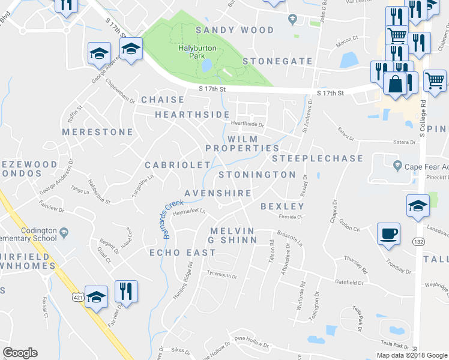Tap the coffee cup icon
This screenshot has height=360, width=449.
coord(388,233)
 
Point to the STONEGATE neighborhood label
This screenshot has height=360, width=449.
coord(278,61)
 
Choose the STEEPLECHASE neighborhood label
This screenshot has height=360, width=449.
coord(318,158)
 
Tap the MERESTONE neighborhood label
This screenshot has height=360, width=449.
coord(97,131)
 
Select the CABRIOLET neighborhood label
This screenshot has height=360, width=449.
coord(178,164)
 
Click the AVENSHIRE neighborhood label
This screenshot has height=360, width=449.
coord(217,193)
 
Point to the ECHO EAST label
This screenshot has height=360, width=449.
coord(182,253)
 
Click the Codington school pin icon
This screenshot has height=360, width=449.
coord(64,232)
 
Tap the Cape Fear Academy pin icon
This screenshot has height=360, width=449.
coord(396,165)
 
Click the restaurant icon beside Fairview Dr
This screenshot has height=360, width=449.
coord(126,292)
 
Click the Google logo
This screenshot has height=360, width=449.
coord(20,353)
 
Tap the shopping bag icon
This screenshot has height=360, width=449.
coord(395,84)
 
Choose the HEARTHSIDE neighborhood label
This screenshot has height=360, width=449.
coord(192,114)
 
